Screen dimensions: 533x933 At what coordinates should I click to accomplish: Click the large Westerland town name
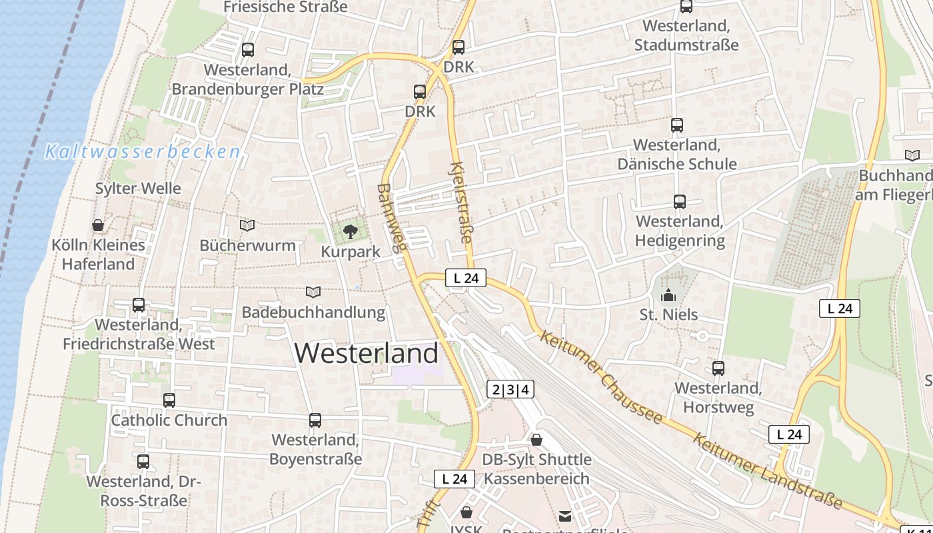367,353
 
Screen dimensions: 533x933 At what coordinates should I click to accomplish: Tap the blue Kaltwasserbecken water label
143,152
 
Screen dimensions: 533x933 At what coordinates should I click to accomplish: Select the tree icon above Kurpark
350,232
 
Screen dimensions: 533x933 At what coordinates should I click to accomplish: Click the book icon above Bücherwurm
247,225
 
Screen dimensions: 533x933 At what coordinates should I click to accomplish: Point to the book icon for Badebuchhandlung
313,292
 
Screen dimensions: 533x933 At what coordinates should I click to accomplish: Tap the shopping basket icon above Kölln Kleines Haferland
98,225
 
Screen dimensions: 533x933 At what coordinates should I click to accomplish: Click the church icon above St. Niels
668,295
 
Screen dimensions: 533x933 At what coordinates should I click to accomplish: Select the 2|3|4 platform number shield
510,390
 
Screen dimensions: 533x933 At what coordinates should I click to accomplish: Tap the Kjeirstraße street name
461,203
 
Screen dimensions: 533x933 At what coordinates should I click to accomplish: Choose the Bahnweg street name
391,218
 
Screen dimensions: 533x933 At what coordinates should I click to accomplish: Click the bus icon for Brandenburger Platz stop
248,49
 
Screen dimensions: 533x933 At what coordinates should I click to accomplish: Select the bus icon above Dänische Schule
677,125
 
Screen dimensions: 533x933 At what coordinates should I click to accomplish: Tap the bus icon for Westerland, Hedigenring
680,201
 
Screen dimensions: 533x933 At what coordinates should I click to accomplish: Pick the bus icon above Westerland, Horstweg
718,368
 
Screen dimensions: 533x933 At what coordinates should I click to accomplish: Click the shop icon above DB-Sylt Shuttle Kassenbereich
536,440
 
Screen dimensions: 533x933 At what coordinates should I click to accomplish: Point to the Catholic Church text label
169,420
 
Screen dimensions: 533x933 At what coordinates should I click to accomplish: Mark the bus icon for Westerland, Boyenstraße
315,420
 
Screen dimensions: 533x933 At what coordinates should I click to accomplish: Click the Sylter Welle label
138,189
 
